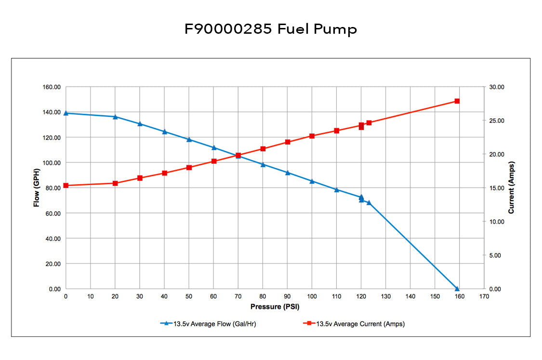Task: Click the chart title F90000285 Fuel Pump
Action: [x=271, y=29]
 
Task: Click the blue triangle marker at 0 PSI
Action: [x=66, y=113]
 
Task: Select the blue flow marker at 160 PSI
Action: [x=457, y=288]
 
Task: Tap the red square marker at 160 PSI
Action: [x=457, y=101]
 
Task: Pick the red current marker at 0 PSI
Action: [x=66, y=186]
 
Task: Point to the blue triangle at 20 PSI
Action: [x=115, y=117]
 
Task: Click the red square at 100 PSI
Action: [x=312, y=136]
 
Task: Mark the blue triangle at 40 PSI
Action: [x=164, y=132]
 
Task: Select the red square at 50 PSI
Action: [x=189, y=168]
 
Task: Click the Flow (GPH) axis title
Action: [x=36, y=188]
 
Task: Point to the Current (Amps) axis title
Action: [x=511, y=188]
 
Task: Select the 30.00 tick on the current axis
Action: [x=497, y=87]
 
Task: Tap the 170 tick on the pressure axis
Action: [x=484, y=296]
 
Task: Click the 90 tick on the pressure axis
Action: [x=287, y=296]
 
